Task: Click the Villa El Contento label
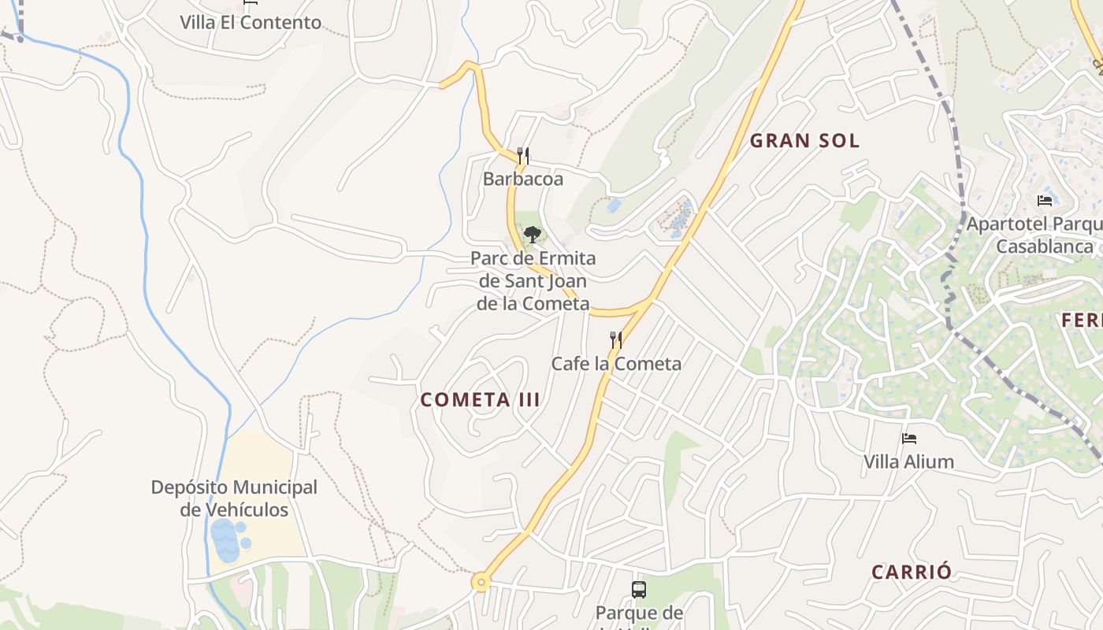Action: (251, 22)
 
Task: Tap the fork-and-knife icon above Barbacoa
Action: (523, 155)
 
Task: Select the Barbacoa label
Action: (523, 180)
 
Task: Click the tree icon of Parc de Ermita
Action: (533, 234)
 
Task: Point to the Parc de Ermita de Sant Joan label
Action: (533, 280)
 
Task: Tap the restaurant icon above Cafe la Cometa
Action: (616, 339)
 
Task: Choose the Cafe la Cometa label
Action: (616, 364)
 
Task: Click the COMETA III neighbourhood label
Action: (481, 400)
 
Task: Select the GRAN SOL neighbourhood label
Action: (804, 141)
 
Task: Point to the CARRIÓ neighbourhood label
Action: (912, 573)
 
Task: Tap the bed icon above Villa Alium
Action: (909, 438)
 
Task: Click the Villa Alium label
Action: (909, 461)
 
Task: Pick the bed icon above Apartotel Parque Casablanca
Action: (1045, 200)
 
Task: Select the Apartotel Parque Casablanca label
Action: (1034, 235)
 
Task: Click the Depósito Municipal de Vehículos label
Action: (234, 498)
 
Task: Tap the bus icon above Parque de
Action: (639, 589)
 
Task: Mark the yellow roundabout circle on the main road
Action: (481, 583)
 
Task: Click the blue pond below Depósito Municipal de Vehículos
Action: (226, 541)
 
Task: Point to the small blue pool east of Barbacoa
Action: (614, 206)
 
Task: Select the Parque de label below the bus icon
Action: (639, 613)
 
